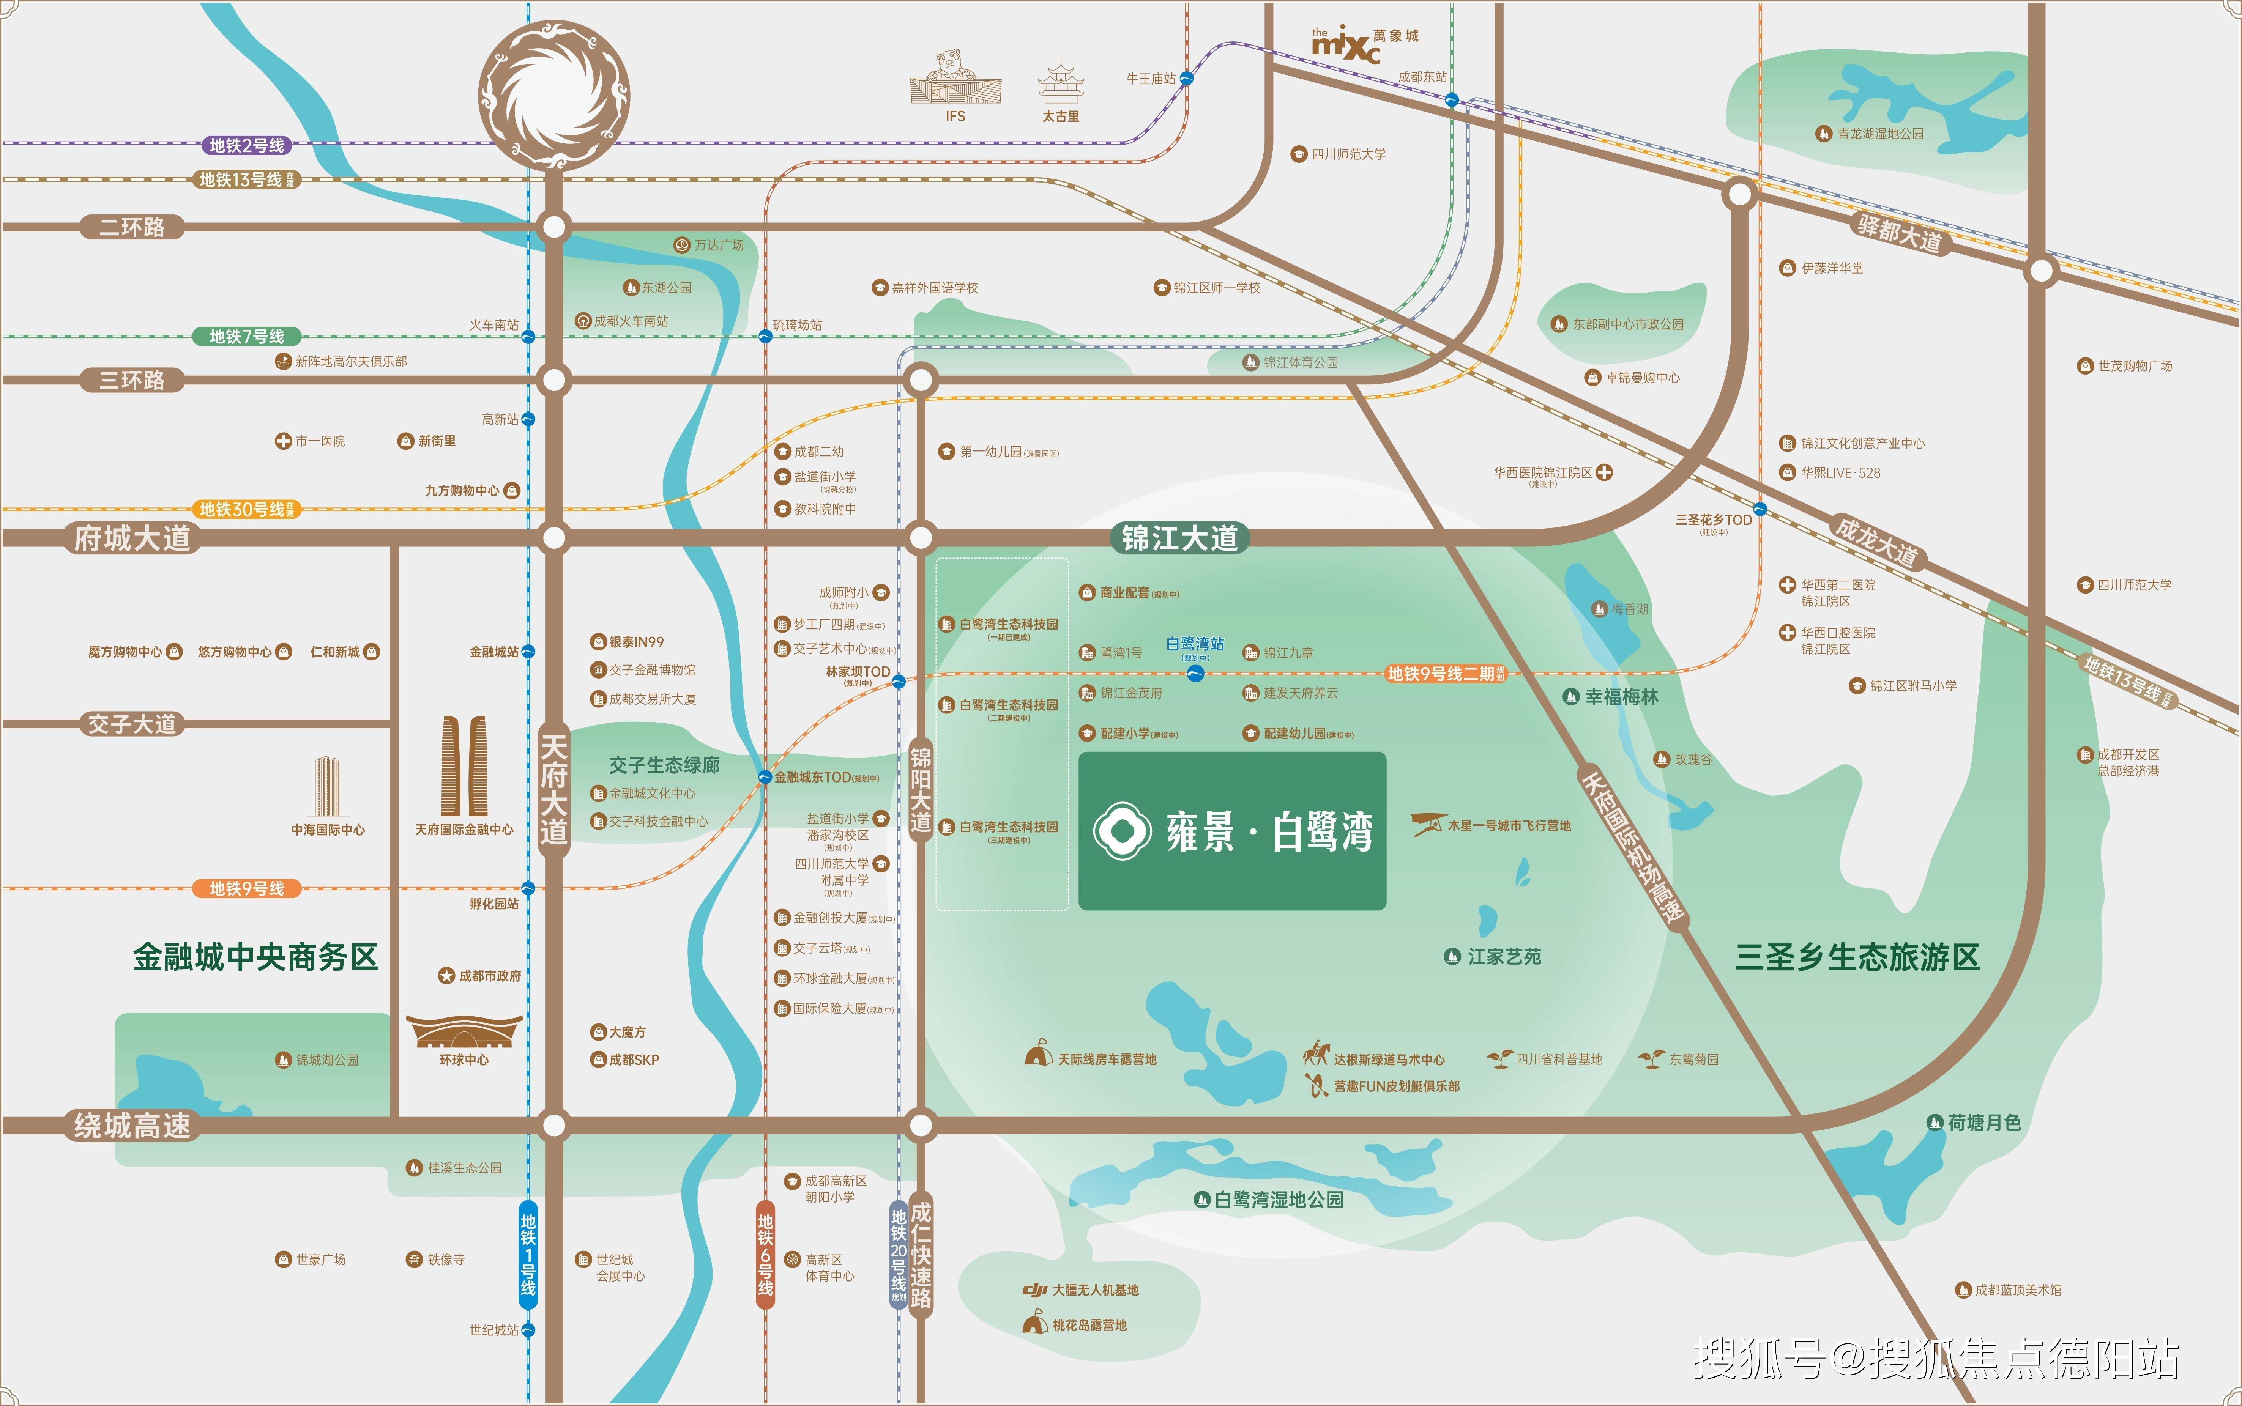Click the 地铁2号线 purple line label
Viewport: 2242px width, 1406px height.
click(246, 145)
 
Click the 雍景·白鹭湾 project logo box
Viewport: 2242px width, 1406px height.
click(1232, 830)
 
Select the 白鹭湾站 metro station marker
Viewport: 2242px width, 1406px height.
click(1196, 673)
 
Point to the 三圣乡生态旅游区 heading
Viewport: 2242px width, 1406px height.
click(1857, 957)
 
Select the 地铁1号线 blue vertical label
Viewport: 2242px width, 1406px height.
click(528, 1253)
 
